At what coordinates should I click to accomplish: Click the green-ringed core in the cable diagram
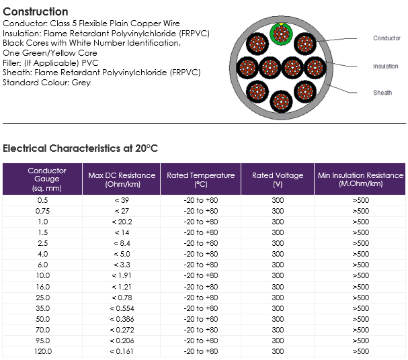coord(281,34)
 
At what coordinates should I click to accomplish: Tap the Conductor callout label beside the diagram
coord(386,38)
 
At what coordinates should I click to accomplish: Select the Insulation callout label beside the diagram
coord(386,66)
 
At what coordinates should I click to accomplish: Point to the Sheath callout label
coord(382,93)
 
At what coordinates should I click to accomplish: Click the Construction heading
coord(36,11)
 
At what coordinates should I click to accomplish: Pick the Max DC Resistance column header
coord(122,179)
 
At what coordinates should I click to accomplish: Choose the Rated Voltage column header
coord(278,179)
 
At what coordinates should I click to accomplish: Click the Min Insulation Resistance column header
coord(361,179)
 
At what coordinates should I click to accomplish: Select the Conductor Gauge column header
coord(47,179)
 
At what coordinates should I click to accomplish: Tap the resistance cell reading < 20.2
coord(122,222)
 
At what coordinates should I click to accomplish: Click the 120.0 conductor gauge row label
coord(43,351)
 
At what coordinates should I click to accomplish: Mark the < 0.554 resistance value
coord(122,308)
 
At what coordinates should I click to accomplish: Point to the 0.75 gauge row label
coord(42,211)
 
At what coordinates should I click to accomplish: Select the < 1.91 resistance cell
coord(122,275)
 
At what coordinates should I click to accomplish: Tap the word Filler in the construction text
coord(12,63)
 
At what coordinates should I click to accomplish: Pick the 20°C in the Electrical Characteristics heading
coord(147,148)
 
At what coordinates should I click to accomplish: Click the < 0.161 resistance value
coord(122,351)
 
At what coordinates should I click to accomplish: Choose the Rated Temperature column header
coord(200,179)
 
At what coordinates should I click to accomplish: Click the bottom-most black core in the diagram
coord(281,101)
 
